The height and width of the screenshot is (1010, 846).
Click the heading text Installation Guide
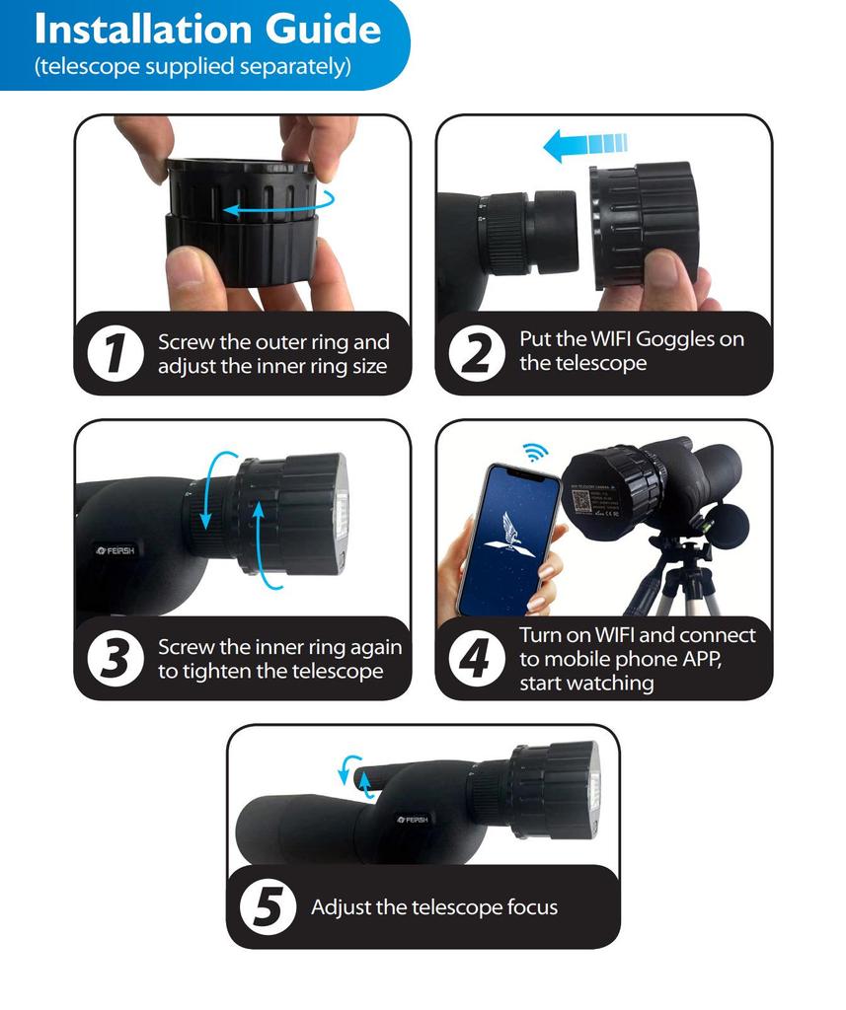click(x=206, y=29)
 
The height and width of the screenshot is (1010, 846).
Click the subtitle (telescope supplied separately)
click(x=192, y=67)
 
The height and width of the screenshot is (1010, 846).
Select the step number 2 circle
click(x=478, y=353)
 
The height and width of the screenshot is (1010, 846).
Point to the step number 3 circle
click(x=116, y=659)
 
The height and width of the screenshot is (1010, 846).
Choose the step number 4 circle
click(x=478, y=658)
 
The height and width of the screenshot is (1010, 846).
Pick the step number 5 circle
click(x=268, y=906)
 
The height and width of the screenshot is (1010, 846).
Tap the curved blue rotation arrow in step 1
click(x=277, y=205)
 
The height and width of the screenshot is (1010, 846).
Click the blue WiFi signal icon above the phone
click(x=535, y=452)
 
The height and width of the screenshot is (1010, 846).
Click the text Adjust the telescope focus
click(x=434, y=907)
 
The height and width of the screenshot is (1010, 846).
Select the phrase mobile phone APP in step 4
click(x=619, y=659)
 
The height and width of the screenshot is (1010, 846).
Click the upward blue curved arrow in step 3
click(x=262, y=543)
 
